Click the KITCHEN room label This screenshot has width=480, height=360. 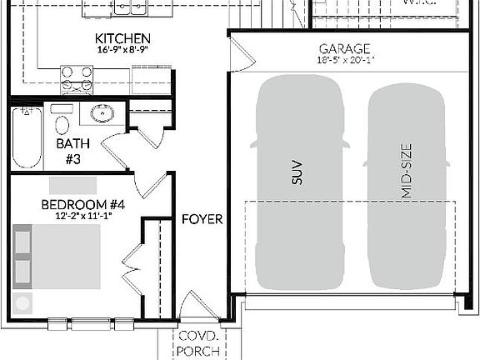pyautogui.click(x=122, y=39)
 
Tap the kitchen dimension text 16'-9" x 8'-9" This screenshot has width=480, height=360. pyautogui.click(x=122, y=51)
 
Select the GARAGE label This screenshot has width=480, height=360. pyautogui.click(x=344, y=49)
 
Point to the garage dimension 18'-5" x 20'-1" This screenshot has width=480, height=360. pyautogui.click(x=344, y=60)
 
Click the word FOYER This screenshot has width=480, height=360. pyautogui.click(x=202, y=219)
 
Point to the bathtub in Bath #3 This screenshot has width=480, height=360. pyautogui.click(x=26, y=138)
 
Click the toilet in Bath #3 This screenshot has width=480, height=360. pyautogui.click(x=61, y=122)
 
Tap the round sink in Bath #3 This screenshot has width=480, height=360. pyautogui.click(x=102, y=115)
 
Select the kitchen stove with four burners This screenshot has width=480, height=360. pyautogui.click(x=77, y=79)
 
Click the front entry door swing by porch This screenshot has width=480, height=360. pyautogui.click(x=197, y=304)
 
